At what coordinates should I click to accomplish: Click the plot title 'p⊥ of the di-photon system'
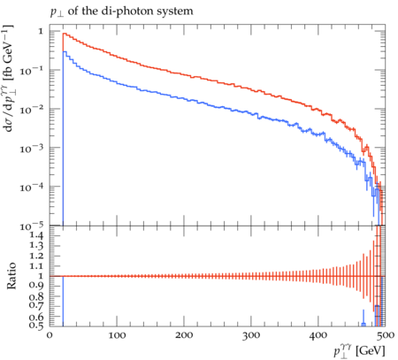click(122, 11)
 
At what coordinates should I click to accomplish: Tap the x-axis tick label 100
click(117, 335)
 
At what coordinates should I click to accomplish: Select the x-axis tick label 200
click(184, 335)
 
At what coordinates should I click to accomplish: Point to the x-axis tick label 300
click(251, 335)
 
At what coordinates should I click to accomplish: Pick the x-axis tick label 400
click(318, 335)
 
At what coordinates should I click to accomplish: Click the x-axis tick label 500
click(385, 335)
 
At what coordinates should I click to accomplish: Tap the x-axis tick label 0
click(50, 335)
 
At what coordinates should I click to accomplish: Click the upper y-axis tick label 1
click(41, 31)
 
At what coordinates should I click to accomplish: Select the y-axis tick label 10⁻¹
click(32, 71)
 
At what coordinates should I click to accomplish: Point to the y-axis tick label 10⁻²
click(32, 110)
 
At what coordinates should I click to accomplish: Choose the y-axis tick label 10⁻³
click(32, 149)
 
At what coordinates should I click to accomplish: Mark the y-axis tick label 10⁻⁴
click(32, 188)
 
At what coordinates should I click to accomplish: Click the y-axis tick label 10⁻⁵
click(32, 226)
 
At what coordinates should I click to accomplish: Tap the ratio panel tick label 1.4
click(36, 235)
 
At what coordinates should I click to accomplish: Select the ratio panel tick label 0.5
click(36, 326)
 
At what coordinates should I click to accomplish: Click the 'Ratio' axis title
click(11, 276)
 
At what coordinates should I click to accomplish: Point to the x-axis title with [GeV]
click(359, 351)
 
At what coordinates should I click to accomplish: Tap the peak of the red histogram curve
click(64, 34)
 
